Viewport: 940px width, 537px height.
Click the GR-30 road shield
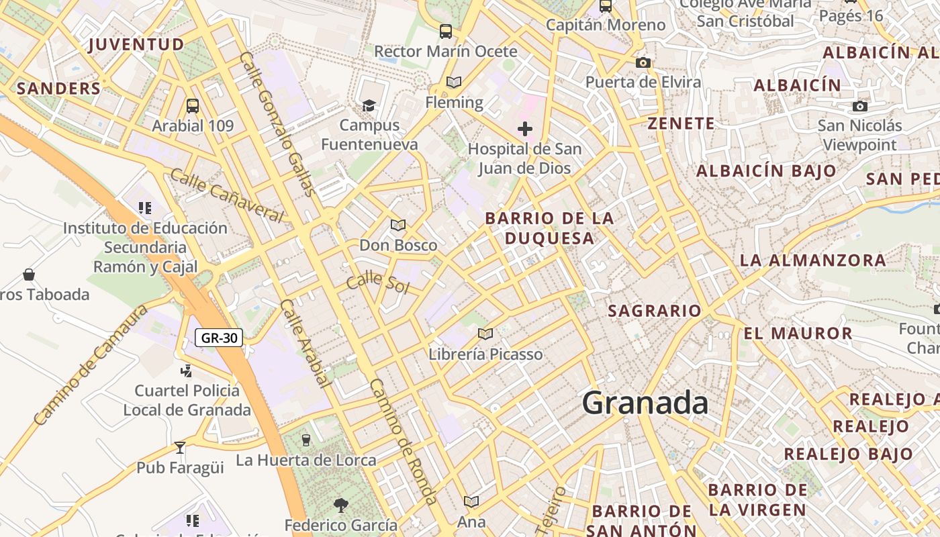click(220, 338)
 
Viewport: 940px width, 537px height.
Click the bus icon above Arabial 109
click(193, 106)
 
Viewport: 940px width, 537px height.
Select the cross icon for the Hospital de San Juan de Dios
click(525, 128)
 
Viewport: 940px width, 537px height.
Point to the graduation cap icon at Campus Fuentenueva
click(369, 105)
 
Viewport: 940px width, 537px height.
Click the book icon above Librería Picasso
click(485, 334)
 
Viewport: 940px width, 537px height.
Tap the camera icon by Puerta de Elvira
click(643, 62)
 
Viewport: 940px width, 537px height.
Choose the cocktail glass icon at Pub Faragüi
click(180, 447)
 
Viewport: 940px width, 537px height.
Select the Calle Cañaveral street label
click(226, 195)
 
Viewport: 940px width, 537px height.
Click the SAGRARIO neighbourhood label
click(654, 311)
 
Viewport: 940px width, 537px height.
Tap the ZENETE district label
click(681, 124)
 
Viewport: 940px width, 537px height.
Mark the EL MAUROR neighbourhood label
click(798, 333)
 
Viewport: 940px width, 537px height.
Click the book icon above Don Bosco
click(398, 225)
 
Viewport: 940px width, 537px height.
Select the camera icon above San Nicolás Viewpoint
click(859, 106)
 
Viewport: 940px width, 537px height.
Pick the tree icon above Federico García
click(341, 505)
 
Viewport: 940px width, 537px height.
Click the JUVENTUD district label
click(136, 45)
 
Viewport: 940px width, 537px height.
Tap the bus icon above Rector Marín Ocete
click(445, 31)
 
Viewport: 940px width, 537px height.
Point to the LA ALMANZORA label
click(812, 260)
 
